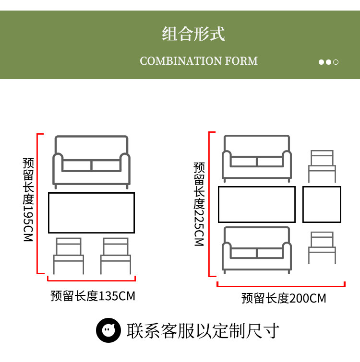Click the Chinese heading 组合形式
point(193,35)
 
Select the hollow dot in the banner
point(336,62)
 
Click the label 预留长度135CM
point(93,296)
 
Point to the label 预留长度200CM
point(283,299)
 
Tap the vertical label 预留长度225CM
point(199,204)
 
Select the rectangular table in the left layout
point(91,213)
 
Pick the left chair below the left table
point(68,256)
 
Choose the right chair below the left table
point(115,256)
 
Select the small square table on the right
point(322,204)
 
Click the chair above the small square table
point(322,166)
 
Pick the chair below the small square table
point(322,247)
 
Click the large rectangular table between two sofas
point(256,204)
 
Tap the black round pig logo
point(108,330)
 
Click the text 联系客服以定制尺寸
point(203,331)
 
